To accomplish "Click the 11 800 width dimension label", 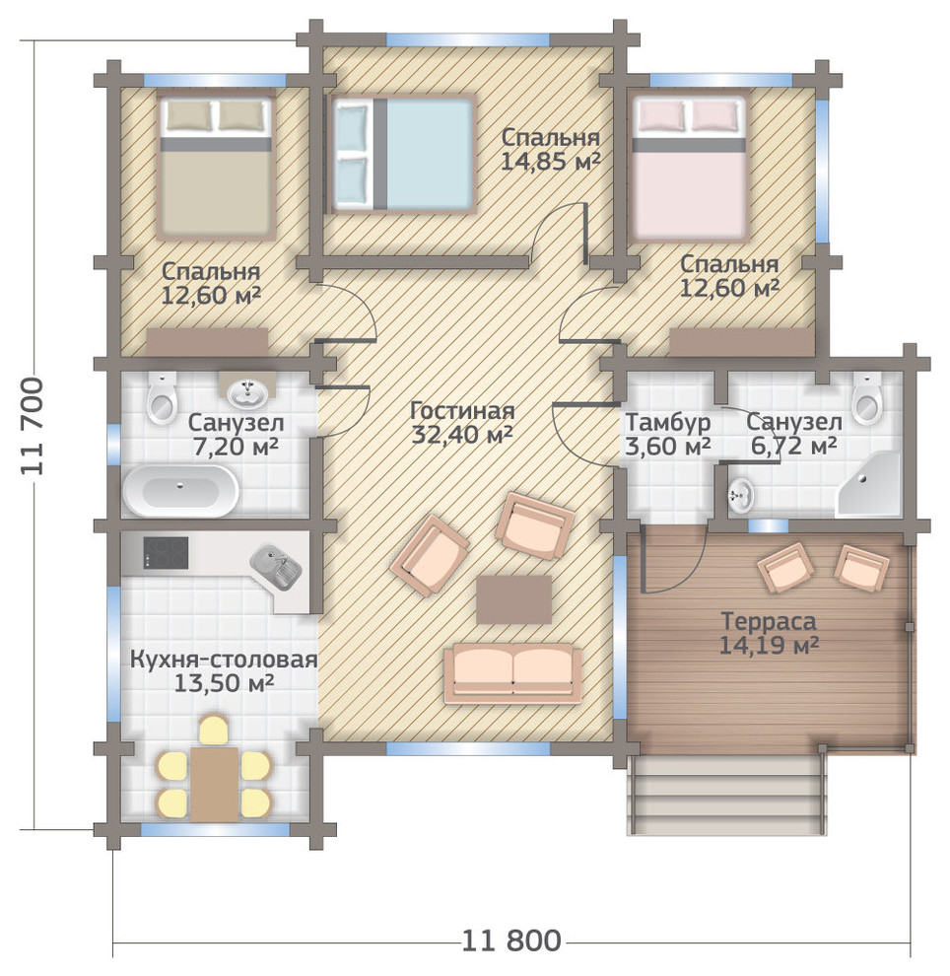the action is (x=511, y=941).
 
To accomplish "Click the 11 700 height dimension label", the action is (x=33, y=427).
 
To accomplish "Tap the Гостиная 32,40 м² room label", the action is (x=463, y=423).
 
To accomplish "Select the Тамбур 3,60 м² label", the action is (x=668, y=434).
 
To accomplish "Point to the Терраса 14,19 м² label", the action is (x=769, y=633).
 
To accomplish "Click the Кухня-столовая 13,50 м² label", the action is (x=224, y=671).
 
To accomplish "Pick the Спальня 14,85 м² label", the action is (x=551, y=149).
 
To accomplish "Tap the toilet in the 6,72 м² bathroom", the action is (x=867, y=399).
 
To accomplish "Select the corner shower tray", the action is (x=869, y=484).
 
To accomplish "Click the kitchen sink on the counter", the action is (x=276, y=567).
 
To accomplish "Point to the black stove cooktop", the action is (x=167, y=553).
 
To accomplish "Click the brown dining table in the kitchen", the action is (x=215, y=785).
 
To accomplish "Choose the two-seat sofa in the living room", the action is (x=512, y=674).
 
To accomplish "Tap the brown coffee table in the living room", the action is (x=513, y=599).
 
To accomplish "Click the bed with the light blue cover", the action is (x=402, y=155).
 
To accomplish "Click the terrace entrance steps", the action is (x=727, y=795).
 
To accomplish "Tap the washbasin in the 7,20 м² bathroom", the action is (x=248, y=390).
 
